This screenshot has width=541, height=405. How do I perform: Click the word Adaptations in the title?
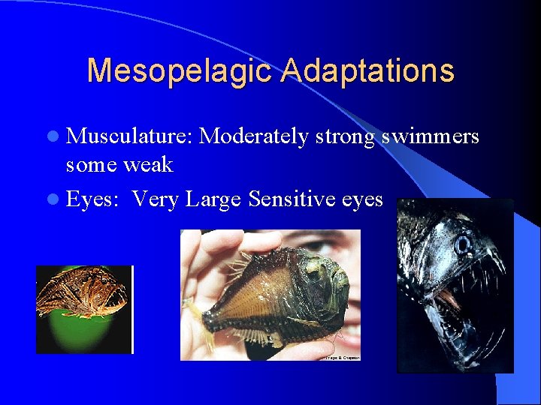point(368,71)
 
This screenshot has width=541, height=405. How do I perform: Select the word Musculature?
point(131,136)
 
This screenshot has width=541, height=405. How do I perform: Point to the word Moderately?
point(255,136)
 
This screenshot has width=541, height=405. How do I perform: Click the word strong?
point(346,137)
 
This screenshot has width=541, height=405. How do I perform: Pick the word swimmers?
point(431,136)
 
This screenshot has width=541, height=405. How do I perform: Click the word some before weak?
point(92,165)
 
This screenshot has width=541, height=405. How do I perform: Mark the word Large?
point(214,200)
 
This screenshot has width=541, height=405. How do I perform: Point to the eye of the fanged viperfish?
point(463,244)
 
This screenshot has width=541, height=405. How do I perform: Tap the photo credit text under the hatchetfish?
point(342,358)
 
